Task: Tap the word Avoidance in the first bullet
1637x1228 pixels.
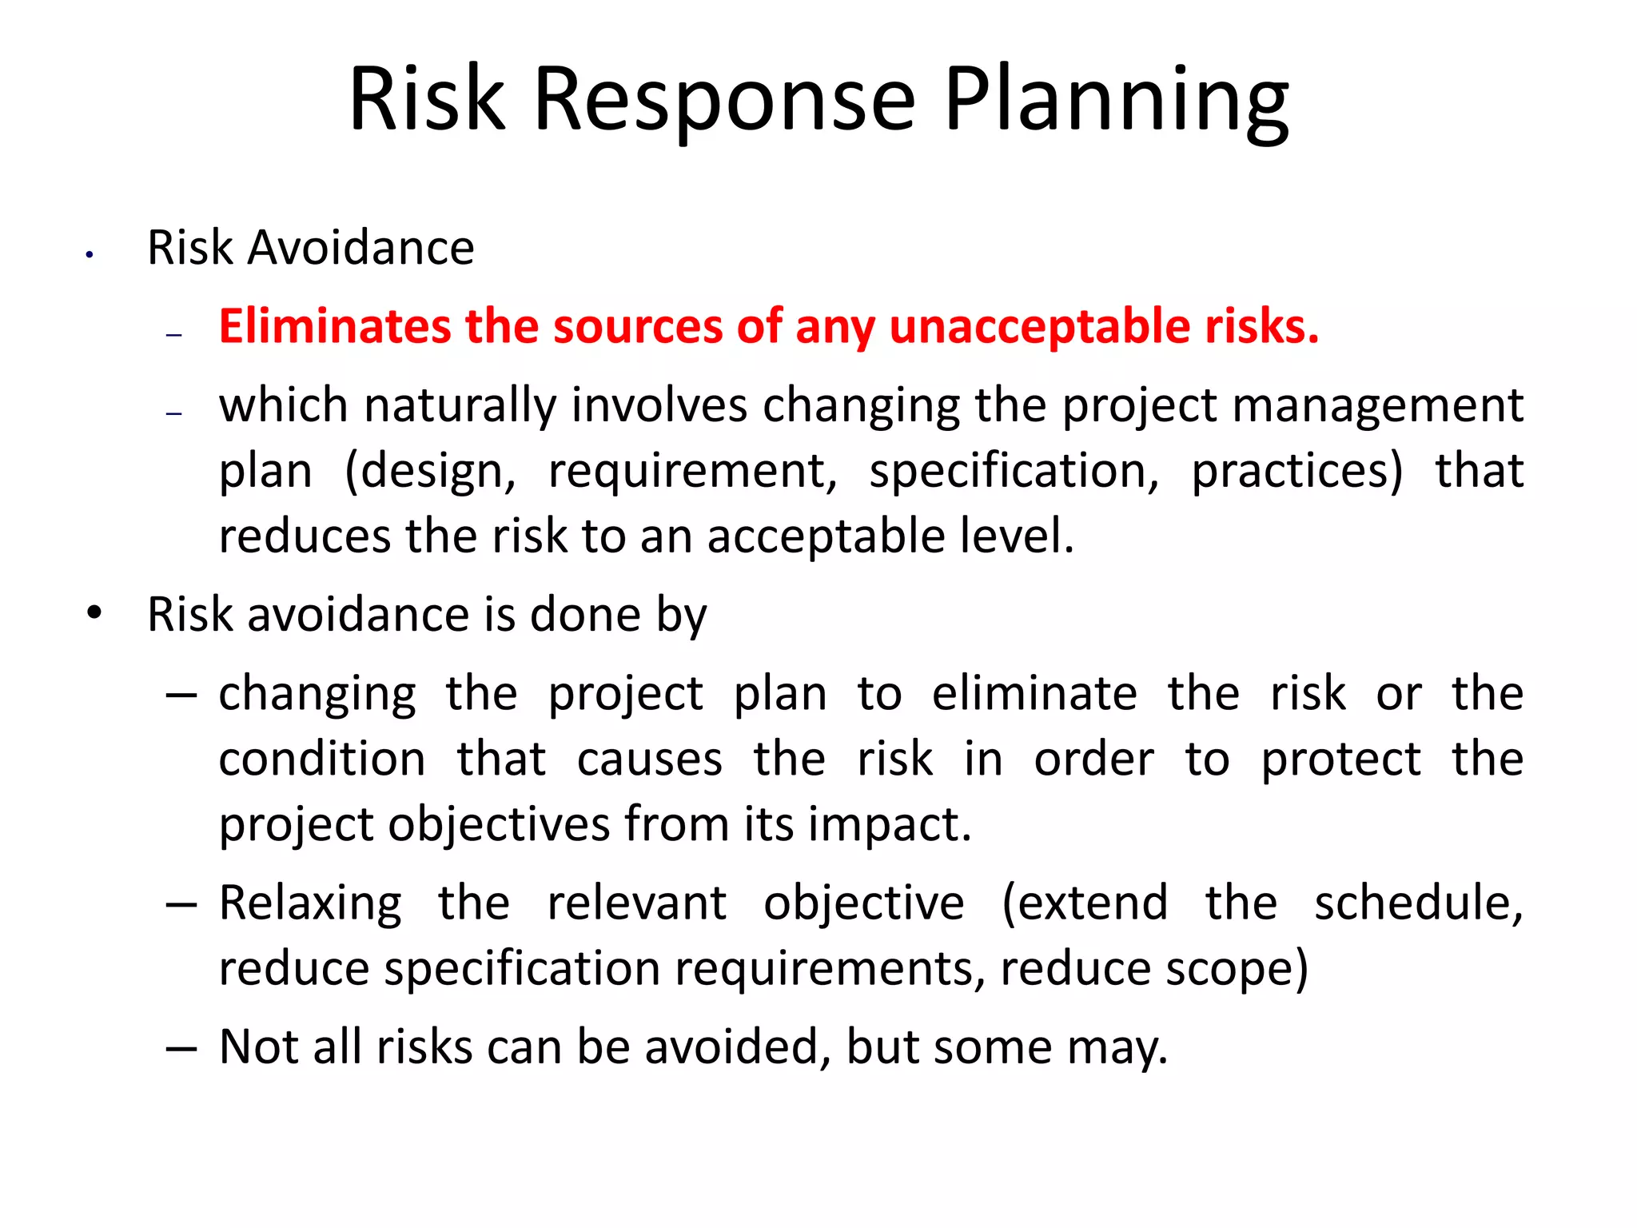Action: click(x=361, y=248)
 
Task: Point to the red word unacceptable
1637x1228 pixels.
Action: click(x=1039, y=327)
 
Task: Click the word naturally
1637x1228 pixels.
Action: click(x=460, y=405)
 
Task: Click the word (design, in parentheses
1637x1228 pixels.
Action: click(x=431, y=471)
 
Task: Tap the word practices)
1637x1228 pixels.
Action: click(x=1297, y=471)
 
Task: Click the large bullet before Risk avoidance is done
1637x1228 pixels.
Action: click(x=95, y=614)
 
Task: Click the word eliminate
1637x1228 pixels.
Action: click(x=1034, y=693)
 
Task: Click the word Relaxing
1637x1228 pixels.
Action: click(x=310, y=903)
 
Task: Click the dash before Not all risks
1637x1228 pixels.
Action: click(x=181, y=1047)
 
